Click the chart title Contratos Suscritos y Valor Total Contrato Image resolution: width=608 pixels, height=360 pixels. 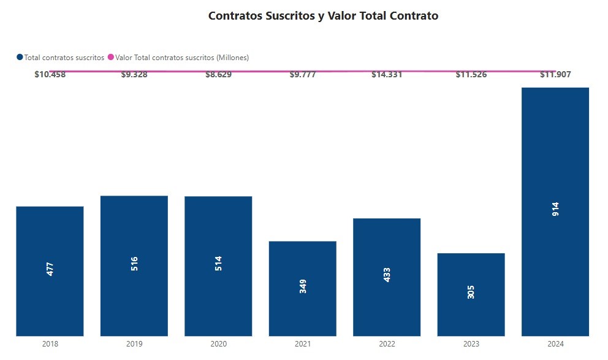tap(323, 16)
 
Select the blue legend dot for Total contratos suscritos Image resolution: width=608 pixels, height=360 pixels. tap(20, 57)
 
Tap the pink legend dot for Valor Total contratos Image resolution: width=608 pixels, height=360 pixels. tap(111, 57)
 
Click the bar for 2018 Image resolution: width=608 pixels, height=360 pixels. tap(50, 271)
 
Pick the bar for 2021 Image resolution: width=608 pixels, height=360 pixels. tap(302, 288)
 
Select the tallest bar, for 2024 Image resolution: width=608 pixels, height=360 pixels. tap(555, 212)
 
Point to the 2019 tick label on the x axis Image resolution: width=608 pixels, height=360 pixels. tap(134, 345)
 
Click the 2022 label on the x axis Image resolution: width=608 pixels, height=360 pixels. tap(387, 345)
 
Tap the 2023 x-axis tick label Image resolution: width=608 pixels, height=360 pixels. tap(471, 345)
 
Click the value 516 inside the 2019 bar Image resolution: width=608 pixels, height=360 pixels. tap(134, 264)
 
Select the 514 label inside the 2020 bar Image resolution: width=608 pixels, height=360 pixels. tap(218, 264)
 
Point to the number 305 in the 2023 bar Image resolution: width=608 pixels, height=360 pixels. tap(471, 292)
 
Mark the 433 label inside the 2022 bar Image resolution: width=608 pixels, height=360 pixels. tap(387, 274)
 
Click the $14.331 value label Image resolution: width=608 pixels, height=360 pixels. tap(387, 75)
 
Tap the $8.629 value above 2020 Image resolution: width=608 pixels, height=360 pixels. tap(218, 75)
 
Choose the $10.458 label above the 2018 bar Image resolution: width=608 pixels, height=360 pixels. tap(50, 75)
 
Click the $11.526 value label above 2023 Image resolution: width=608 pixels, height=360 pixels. tap(471, 75)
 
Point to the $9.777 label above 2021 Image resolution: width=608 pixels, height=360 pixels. tap(302, 75)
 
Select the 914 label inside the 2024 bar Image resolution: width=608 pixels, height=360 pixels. tap(555, 209)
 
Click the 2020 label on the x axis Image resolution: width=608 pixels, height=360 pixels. tap(218, 345)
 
